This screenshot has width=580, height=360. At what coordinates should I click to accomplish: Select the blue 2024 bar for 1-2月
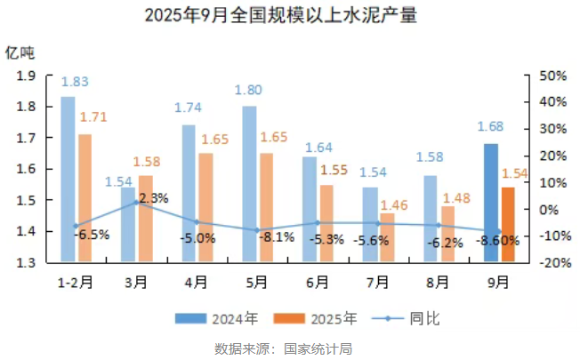[x=68, y=178]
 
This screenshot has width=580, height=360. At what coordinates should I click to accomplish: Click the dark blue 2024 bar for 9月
[x=490, y=202]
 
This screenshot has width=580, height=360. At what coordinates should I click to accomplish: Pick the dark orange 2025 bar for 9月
[x=508, y=224]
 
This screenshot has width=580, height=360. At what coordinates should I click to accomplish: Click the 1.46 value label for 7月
[x=394, y=205]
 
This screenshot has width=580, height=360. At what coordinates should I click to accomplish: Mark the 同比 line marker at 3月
[x=136, y=203]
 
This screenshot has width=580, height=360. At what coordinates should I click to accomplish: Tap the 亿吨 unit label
[x=20, y=52]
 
